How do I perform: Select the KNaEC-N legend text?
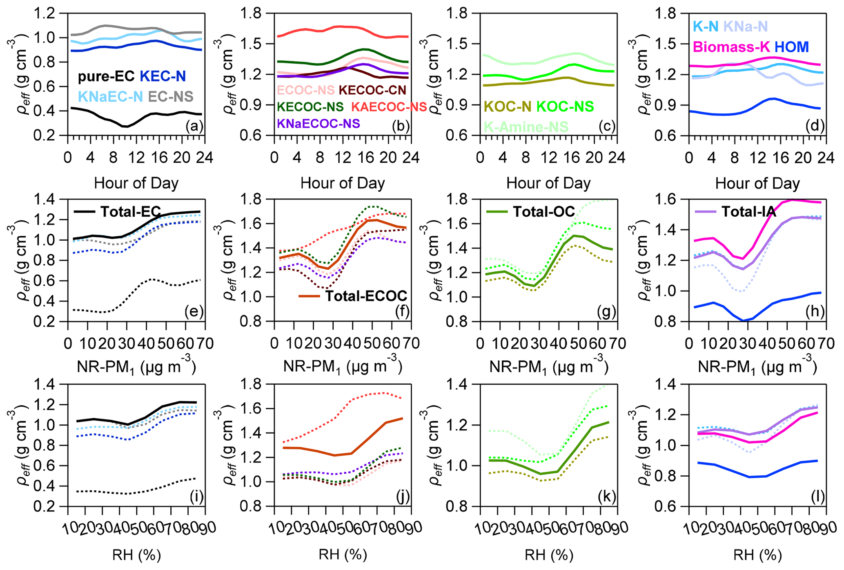(110, 97)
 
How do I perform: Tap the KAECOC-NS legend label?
(389, 107)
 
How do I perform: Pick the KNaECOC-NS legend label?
(318, 124)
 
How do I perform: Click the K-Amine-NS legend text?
(526, 127)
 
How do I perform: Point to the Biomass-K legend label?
(731, 47)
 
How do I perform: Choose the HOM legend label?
(792, 47)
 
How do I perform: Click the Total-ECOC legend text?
(366, 296)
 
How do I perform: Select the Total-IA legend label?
(749, 212)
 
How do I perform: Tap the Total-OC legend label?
(543, 212)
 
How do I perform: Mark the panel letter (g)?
(606, 312)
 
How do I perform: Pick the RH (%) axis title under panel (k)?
(549, 555)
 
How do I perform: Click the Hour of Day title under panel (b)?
(343, 184)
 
